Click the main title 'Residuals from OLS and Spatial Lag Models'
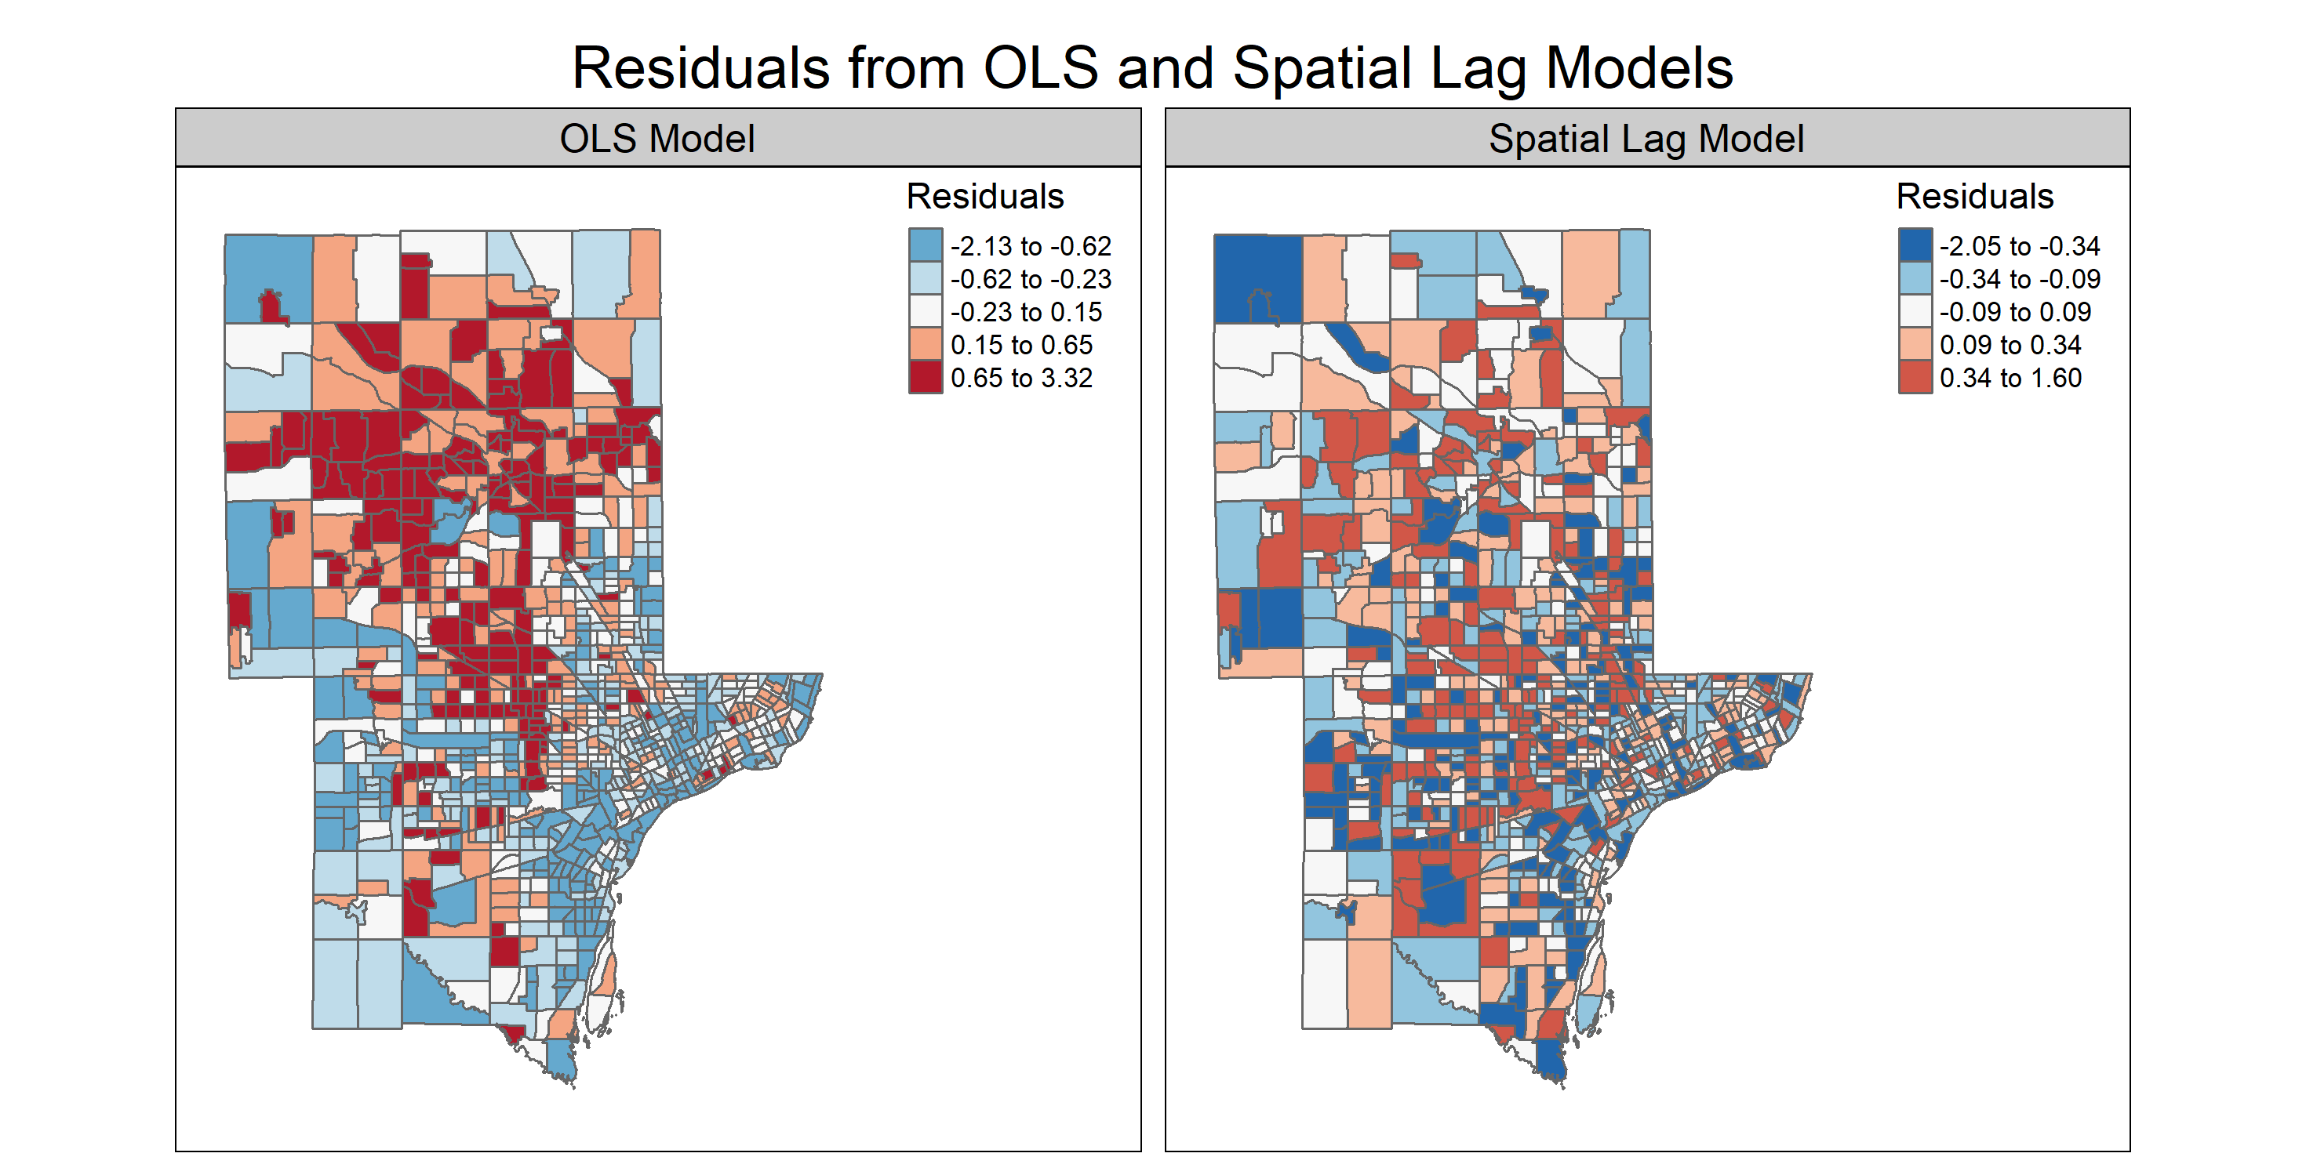(1152, 68)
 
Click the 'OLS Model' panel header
(657, 139)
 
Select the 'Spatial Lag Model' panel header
(1646, 139)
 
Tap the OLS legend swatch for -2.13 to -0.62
(925, 245)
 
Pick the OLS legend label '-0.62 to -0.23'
(1031, 279)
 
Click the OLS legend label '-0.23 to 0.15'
(1026, 312)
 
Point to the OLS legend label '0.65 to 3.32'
(1021, 378)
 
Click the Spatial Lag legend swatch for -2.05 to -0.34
(1915, 245)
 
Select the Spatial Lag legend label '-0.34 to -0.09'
(2020, 279)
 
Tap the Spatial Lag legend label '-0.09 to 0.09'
(2015, 312)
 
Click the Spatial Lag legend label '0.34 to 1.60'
(2010, 378)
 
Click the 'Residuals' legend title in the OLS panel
(984, 196)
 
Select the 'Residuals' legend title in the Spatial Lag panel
(1975, 196)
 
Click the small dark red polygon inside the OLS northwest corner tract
(271, 309)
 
